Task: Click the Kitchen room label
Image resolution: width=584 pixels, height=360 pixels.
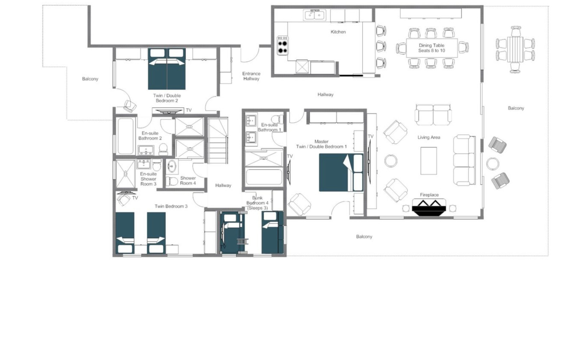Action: click(x=338, y=32)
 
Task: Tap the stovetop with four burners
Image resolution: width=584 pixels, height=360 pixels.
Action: click(x=283, y=45)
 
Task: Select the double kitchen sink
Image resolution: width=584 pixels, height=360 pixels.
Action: click(x=314, y=15)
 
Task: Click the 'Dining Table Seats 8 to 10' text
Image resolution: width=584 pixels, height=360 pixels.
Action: click(x=432, y=48)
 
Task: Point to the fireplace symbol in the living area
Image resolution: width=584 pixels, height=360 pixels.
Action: click(x=429, y=207)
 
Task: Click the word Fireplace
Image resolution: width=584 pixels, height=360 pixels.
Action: click(x=429, y=195)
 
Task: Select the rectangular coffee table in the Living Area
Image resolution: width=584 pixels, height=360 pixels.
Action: click(x=429, y=161)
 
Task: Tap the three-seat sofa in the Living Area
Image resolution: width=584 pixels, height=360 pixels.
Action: click(x=465, y=160)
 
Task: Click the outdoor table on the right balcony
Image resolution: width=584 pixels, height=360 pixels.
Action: click(x=515, y=49)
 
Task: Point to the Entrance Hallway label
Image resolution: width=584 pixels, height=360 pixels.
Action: click(x=251, y=76)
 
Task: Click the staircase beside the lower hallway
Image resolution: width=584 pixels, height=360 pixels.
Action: click(x=218, y=140)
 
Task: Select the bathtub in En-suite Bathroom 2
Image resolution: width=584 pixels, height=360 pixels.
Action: click(x=126, y=136)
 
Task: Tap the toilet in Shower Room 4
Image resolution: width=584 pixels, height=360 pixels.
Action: click(x=172, y=181)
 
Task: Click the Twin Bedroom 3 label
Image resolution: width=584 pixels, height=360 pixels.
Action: click(x=171, y=206)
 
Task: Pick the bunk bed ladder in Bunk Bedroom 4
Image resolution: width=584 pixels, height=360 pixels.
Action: click(x=242, y=241)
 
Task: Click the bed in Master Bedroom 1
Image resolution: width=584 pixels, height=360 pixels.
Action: click(x=341, y=172)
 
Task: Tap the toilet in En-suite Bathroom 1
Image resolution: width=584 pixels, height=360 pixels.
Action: click(x=278, y=119)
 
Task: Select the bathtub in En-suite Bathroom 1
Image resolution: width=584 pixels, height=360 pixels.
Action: click(x=264, y=177)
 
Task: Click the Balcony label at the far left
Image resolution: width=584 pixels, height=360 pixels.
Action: click(x=90, y=79)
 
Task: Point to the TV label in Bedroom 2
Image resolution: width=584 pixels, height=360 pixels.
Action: click(x=189, y=110)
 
